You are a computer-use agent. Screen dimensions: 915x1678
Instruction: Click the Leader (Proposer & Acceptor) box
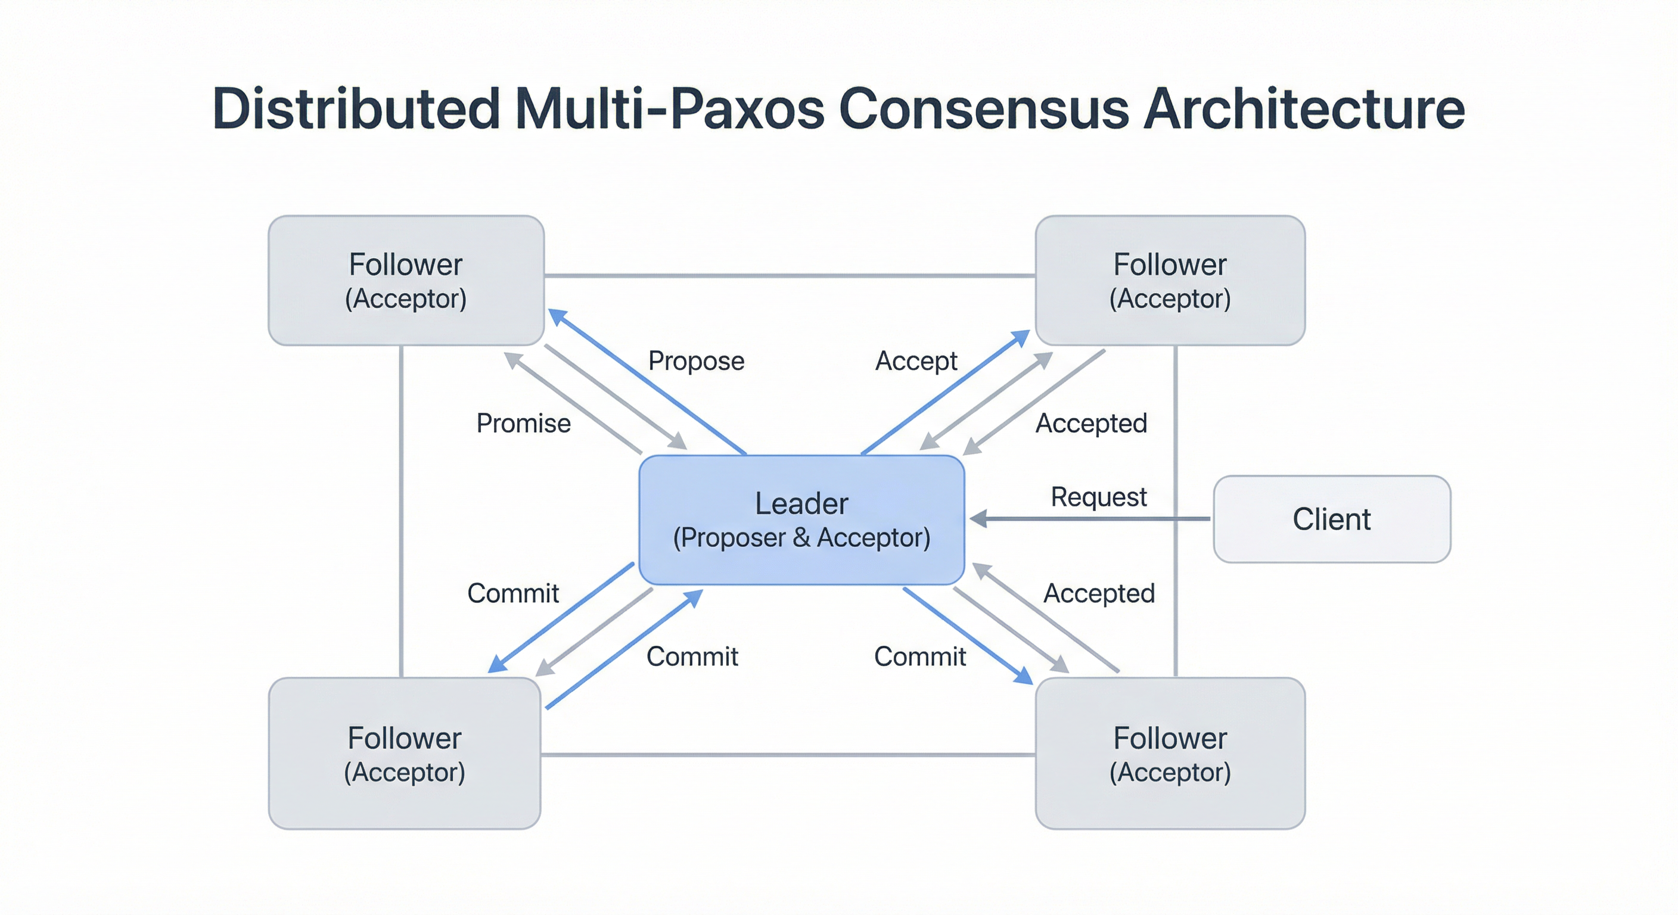click(801, 519)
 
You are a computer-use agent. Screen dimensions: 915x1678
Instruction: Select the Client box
click(1331, 519)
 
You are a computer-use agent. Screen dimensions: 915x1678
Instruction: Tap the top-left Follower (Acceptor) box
click(406, 280)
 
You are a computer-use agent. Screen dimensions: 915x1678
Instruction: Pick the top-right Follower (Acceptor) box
click(1170, 280)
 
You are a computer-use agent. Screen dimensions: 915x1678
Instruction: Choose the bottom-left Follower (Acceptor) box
click(405, 754)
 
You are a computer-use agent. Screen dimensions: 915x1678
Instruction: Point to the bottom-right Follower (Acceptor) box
click(1170, 754)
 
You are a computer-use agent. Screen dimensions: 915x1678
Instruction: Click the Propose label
click(696, 361)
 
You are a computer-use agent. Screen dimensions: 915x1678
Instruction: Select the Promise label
click(523, 424)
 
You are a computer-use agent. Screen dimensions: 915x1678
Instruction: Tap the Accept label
click(916, 361)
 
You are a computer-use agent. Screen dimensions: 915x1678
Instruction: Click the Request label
click(1098, 497)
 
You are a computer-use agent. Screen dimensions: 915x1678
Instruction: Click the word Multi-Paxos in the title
click(670, 109)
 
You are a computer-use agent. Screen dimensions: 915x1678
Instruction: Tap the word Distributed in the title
click(356, 109)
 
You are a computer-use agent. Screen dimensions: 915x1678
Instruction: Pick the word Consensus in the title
click(984, 109)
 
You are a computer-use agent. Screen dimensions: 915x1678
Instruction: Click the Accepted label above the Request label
click(1091, 424)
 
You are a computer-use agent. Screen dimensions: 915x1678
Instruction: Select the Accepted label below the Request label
click(1099, 593)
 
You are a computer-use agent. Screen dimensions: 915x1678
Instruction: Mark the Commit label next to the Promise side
click(512, 593)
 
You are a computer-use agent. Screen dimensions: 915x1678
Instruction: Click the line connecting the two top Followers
click(790, 275)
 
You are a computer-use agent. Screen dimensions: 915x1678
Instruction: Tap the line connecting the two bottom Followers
click(788, 755)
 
